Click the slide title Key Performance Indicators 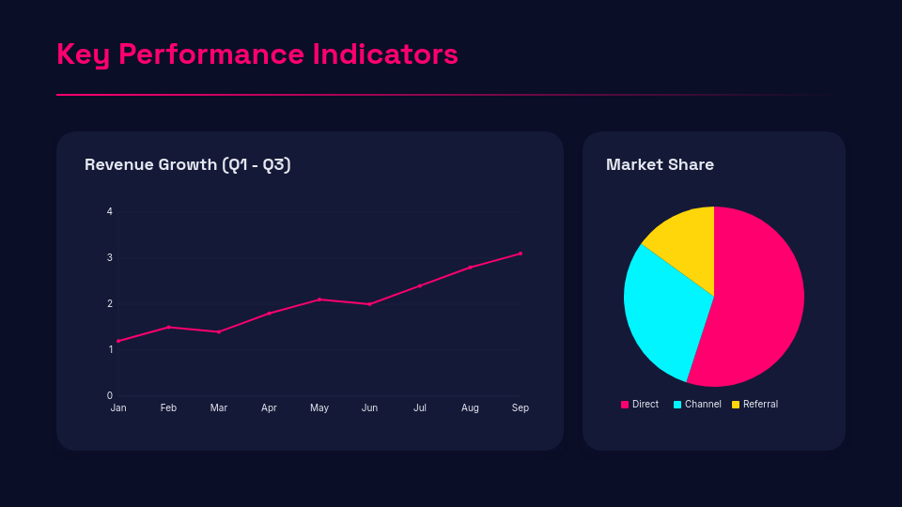pos(257,54)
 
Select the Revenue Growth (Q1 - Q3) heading pos(188,164)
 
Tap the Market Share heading pos(660,164)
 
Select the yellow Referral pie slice pos(684,239)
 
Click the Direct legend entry pos(640,405)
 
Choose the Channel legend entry pos(697,405)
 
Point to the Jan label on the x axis pos(118,407)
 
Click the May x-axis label pos(319,407)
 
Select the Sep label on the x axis pos(520,407)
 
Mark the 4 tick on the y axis pos(110,212)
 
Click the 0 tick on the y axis pos(110,395)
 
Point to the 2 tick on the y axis pos(110,303)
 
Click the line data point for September pos(521,253)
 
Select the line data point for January pos(118,341)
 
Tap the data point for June pos(369,304)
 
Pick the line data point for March pos(219,331)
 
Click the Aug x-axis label pos(470,407)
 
